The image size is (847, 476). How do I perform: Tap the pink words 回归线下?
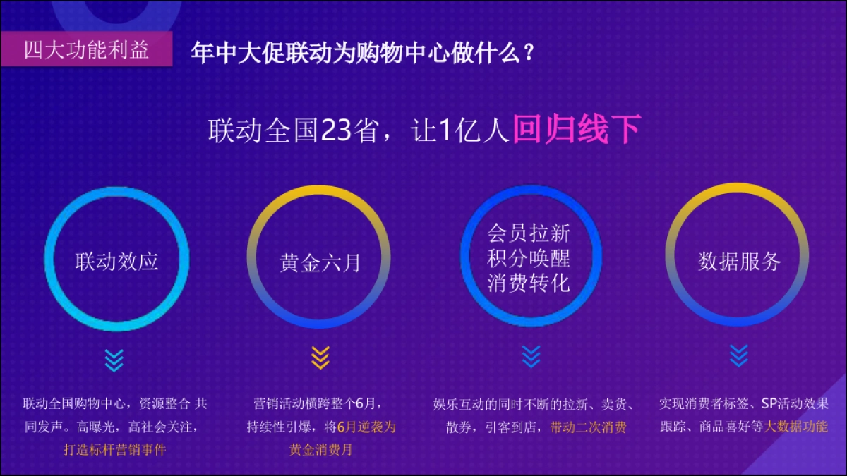click(x=576, y=130)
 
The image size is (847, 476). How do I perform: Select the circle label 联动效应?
click(x=117, y=262)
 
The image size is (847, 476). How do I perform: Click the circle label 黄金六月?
click(x=320, y=263)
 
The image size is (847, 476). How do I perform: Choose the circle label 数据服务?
click(x=739, y=262)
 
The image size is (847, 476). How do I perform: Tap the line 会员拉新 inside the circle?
click(x=529, y=233)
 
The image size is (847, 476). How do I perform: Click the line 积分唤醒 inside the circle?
click(x=529, y=258)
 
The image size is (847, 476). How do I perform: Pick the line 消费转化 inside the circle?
click(x=529, y=283)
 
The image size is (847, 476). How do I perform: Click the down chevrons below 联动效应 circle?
click(x=114, y=360)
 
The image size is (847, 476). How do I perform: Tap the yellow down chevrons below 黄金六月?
click(x=320, y=358)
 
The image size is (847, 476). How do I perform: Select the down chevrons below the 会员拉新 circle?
click(x=531, y=357)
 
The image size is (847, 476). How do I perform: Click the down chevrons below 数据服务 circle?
click(x=738, y=355)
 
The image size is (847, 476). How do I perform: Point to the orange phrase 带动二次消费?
click(x=588, y=427)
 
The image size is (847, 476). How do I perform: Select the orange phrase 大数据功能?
click(x=796, y=427)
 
